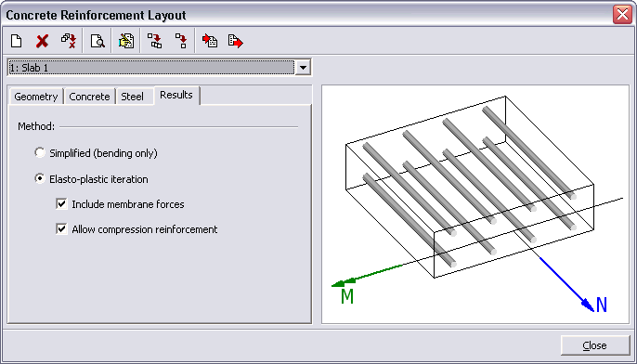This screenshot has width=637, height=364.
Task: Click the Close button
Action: pyautogui.click(x=594, y=345)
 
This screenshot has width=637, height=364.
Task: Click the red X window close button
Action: pyautogui.click(x=622, y=15)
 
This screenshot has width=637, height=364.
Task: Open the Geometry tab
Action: pyautogui.click(x=35, y=97)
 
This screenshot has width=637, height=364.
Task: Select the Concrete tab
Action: pyautogui.click(x=89, y=97)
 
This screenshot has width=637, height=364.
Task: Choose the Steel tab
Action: pyautogui.click(x=133, y=97)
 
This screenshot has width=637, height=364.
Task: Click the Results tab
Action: pyautogui.click(x=176, y=95)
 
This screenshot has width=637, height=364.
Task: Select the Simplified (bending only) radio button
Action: pyautogui.click(x=40, y=153)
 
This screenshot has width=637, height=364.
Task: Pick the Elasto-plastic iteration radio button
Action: pyautogui.click(x=40, y=178)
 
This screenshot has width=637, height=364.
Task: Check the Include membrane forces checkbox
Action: pyautogui.click(x=61, y=203)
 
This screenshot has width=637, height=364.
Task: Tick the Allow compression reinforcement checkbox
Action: pyautogui.click(x=61, y=229)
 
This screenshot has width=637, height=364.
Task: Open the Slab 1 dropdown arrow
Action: pyautogui.click(x=303, y=68)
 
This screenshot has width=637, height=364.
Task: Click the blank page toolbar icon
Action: pyautogui.click(x=17, y=41)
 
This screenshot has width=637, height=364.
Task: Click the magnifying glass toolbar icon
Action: pyautogui.click(x=97, y=41)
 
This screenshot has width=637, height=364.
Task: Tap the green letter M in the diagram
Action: pyautogui.click(x=347, y=296)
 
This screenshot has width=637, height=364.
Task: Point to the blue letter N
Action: pyautogui.click(x=602, y=305)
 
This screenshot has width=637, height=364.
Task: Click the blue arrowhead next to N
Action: pyautogui.click(x=588, y=305)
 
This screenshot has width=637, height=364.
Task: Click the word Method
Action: pyautogui.click(x=36, y=126)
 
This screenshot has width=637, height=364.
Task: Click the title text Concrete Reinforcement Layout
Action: pyautogui.click(x=96, y=16)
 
